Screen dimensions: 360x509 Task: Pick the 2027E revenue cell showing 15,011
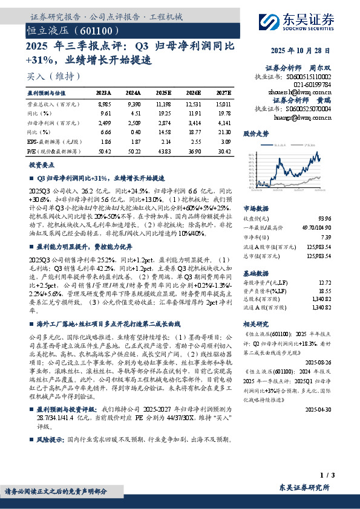221,104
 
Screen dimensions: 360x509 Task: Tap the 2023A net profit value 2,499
104,122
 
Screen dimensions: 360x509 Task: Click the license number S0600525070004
310,109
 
